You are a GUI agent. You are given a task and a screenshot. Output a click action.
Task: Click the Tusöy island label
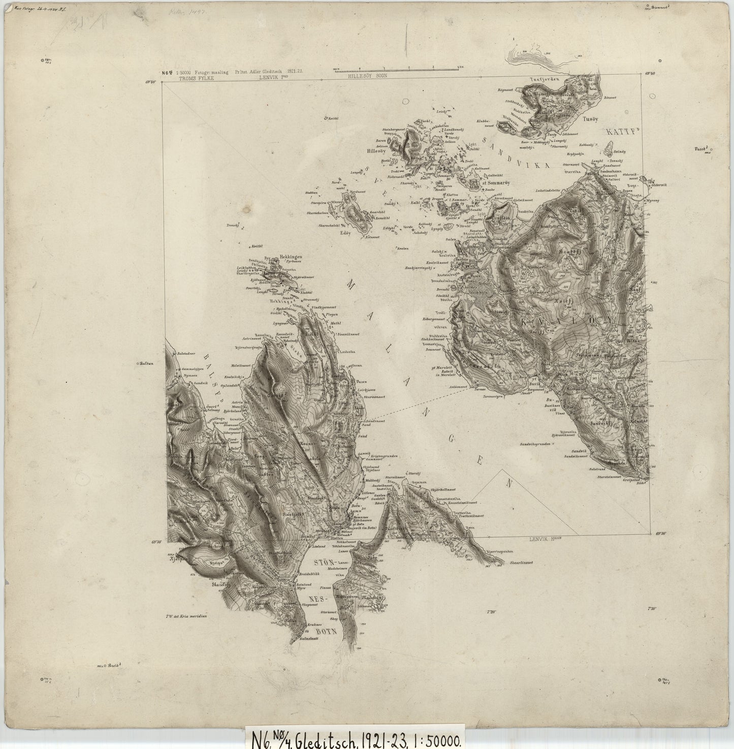[x=590, y=120]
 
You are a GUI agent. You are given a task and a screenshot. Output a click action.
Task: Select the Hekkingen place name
[x=291, y=258]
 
